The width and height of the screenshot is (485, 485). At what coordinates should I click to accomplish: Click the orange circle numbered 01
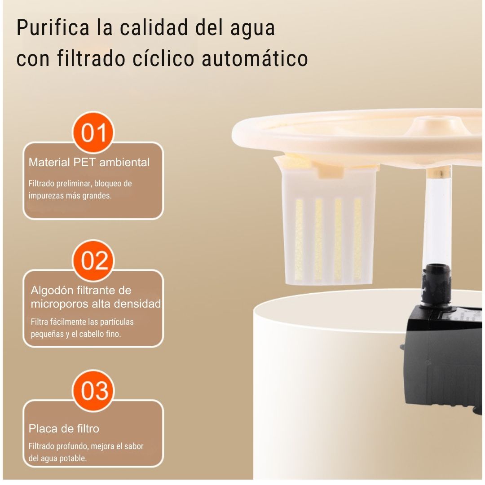pyautogui.click(x=93, y=132)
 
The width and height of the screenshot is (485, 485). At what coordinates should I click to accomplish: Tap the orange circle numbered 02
pyautogui.click(x=93, y=260)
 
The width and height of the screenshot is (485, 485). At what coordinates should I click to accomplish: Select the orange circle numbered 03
pyautogui.click(x=93, y=390)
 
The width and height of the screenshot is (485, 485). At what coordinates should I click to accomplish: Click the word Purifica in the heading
pyautogui.click(x=53, y=28)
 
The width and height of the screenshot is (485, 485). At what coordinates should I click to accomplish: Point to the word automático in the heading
pyautogui.click(x=255, y=58)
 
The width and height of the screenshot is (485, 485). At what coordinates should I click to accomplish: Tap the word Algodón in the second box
pyautogui.click(x=52, y=291)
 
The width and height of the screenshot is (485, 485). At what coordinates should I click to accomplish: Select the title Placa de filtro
pyautogui.click(x=64, y=429)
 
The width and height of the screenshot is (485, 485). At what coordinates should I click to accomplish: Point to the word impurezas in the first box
pyautogui.click(x=43, y=196)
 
